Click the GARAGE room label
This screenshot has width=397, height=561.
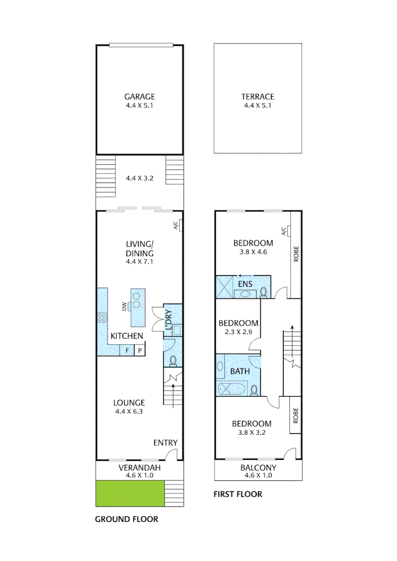click(x=139, y=97)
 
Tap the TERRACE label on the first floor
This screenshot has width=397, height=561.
click(x=257, y=97)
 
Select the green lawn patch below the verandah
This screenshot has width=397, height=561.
click(x=130, y=493)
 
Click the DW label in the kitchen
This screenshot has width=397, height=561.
click(x=124, y=307)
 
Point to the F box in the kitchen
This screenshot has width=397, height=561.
click(x=127, y=351)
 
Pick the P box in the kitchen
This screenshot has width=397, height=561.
click(x=139, y=351)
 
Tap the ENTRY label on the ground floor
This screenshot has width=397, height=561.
click(x=165, y=443)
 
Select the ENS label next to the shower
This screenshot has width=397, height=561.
click(x=245, y=285)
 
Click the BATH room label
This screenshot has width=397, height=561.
click(x=240, y=371)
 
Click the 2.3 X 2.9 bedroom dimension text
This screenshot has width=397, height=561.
click(x=239, y=331)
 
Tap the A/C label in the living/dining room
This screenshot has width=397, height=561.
click(x=175, y=225)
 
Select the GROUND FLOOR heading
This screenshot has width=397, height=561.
click(x=126, y=519)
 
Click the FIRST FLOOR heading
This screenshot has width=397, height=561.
click(x=238, y=494)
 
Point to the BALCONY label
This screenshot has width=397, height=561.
click(x=258, y=468)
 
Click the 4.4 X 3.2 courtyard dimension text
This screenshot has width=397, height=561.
click(x=139, y=178)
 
